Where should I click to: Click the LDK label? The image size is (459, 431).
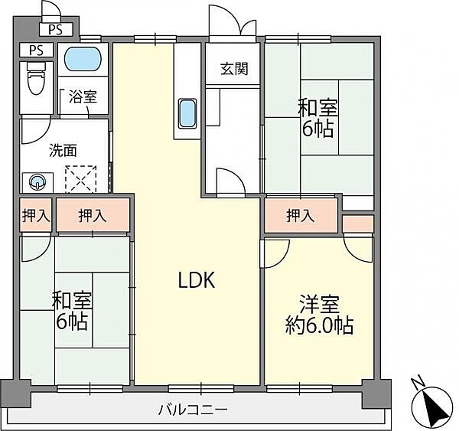(197, 281)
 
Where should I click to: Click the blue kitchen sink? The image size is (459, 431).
(187, 114)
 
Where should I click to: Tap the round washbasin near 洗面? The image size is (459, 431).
(38, 182)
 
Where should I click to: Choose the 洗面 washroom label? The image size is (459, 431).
(42, 151)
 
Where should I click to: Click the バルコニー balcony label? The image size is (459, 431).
(193, 410)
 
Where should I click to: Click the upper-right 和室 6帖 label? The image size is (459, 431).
(317, 118)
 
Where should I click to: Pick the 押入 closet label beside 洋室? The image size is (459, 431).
(301, 216)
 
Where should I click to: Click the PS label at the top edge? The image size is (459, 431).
(55, 30)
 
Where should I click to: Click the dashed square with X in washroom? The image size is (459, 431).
(79, 179)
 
